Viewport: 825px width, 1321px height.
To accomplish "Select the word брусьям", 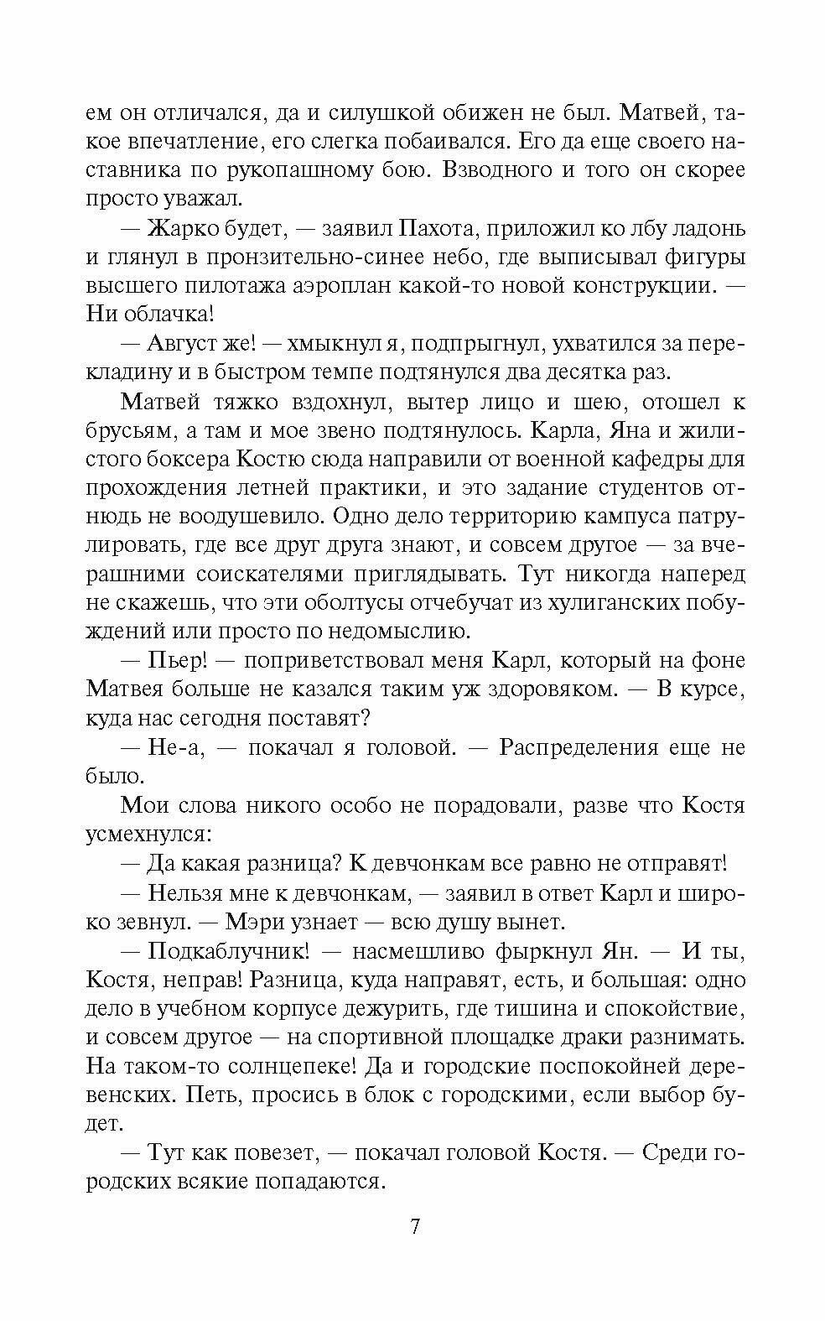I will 129,431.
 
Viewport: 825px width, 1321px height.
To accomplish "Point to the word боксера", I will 181,460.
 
